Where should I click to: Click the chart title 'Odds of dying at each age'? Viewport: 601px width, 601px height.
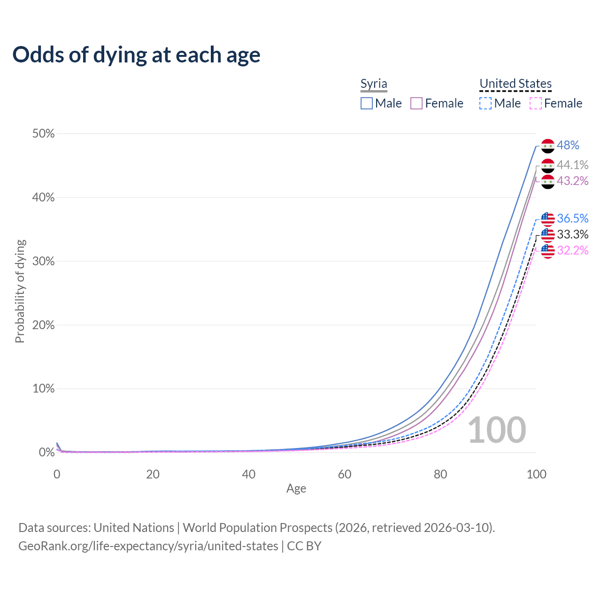pyautogui.click(x=136, y=55)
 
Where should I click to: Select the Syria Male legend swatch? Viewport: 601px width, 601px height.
pyautogui.click(x=367, y=103)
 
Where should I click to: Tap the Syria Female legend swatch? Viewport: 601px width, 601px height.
pyautogui.click(x=416, y=103)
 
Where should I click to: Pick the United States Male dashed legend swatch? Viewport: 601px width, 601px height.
pyautogui.click(x=485, y=103)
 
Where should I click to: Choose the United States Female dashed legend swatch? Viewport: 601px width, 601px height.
pyautogui.click(x=536, y=103)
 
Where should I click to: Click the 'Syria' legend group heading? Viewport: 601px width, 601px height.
pyautogui.click(x=374, y=84)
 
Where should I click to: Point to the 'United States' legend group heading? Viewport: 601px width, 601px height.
pyautogui.click(x=516, y=84)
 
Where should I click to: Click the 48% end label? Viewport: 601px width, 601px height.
pyautogui.click(x=568, y=146)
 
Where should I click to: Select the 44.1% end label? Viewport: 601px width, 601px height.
pyautogui.click(x=572, y=165)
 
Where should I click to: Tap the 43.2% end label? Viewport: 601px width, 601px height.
pyautogui.click(x=572, y=181)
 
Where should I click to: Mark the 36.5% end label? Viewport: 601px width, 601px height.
pyautogui.click(x=572, y=218)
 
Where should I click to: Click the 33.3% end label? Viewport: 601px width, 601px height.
pyautogui.click(x=572, y=234)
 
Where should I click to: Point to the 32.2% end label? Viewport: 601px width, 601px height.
pyautogui.click(x=572, y=250)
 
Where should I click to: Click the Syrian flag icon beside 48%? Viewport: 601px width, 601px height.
pyautogui.click(x=548, y=146)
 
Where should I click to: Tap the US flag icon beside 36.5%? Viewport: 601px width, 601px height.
pyautogui.click(x=548, y=219)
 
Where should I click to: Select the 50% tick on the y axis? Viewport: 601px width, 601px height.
pyautogui.click(x=44, y=134)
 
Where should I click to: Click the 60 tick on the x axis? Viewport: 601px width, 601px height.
pyautogui.click(x=345, y=474)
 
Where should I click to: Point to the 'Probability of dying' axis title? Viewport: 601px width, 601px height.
pyautogui.click(x=20, y=291)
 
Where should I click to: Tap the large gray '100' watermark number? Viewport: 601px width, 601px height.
pyautogui.click(x=497, y=430)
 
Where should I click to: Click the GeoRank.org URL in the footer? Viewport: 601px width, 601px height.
pyautogui.click(x=148, y=546)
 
